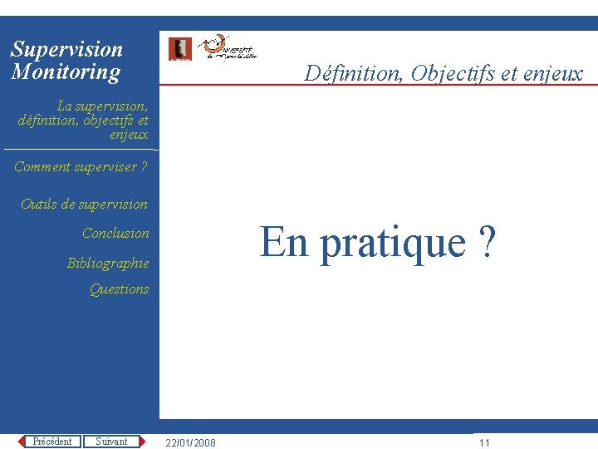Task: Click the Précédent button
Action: pyautogui.click(x=52, y=442)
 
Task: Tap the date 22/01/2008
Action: pyautogui.click(x=191, y=443)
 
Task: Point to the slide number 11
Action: pyautogui.click(x=485, y=443)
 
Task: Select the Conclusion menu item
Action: pyautogui.click(x=115, y=234)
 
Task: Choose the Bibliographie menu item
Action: pyautogui.click(x=108, y=264)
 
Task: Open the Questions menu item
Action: pyautogui.click(x=119, y=289)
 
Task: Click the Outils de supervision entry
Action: pyautogui.click(x=84, y=205)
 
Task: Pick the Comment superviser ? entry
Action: pyautogui.click(x=81, y=167)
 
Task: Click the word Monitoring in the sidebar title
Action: pyautogui.click(x=66, y=72)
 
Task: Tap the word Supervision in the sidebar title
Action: pyautogui.click(x=66, y=50)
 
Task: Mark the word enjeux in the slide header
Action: pyautogui.click(x=552, y=74)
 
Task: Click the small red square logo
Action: pyautogui.click(x=179, y=49)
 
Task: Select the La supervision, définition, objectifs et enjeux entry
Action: pyautogui.click(x=83, y=120)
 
